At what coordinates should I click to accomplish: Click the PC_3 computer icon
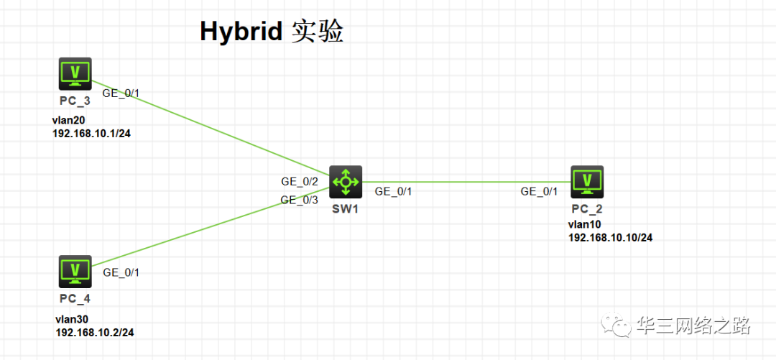[x=75, y=73]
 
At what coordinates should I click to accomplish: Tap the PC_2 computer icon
[x=587, y=181]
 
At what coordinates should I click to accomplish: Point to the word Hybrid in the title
[x=241, y=32]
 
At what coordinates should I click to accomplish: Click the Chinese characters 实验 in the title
[x=318, y=32]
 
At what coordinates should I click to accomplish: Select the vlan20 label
[x=69, y=121]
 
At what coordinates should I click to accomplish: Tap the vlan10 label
[x=585, y=225]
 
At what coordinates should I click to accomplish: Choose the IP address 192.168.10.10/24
[x=611, y=237]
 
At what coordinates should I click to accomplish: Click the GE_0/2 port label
[x=300, y=183]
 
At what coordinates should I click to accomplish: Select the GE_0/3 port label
[x=300, y=200]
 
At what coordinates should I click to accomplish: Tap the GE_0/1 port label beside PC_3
[x=121, y=93]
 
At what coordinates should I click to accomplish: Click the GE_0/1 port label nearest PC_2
[x=539, y=191]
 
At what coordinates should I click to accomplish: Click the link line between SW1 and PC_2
[x=467, y=182]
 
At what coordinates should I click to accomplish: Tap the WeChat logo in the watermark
[x=617, y=326]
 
